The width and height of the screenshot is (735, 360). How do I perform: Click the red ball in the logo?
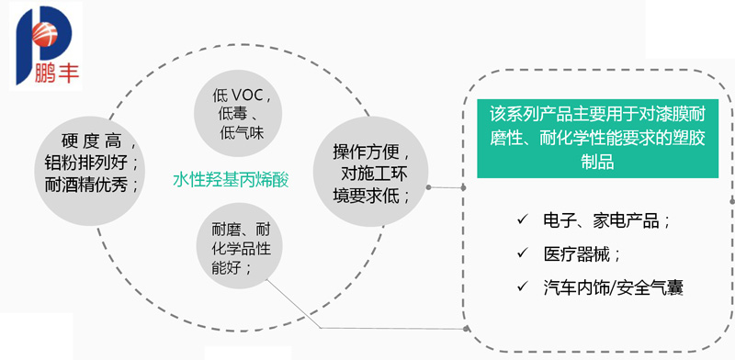45,34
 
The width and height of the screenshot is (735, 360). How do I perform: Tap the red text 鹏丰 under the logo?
57,73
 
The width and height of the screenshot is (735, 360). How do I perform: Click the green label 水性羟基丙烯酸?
231,180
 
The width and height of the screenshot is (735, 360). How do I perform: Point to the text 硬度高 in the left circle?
91,141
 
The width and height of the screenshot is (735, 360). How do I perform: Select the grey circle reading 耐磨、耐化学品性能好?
238,249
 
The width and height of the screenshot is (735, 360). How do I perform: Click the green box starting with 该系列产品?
598,139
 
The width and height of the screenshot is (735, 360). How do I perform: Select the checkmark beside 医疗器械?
522,253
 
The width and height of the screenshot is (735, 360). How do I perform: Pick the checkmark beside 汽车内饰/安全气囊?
522,287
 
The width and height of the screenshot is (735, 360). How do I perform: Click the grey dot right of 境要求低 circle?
428,187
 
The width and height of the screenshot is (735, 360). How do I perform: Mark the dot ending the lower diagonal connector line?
466,329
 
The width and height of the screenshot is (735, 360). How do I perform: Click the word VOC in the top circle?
248,96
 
